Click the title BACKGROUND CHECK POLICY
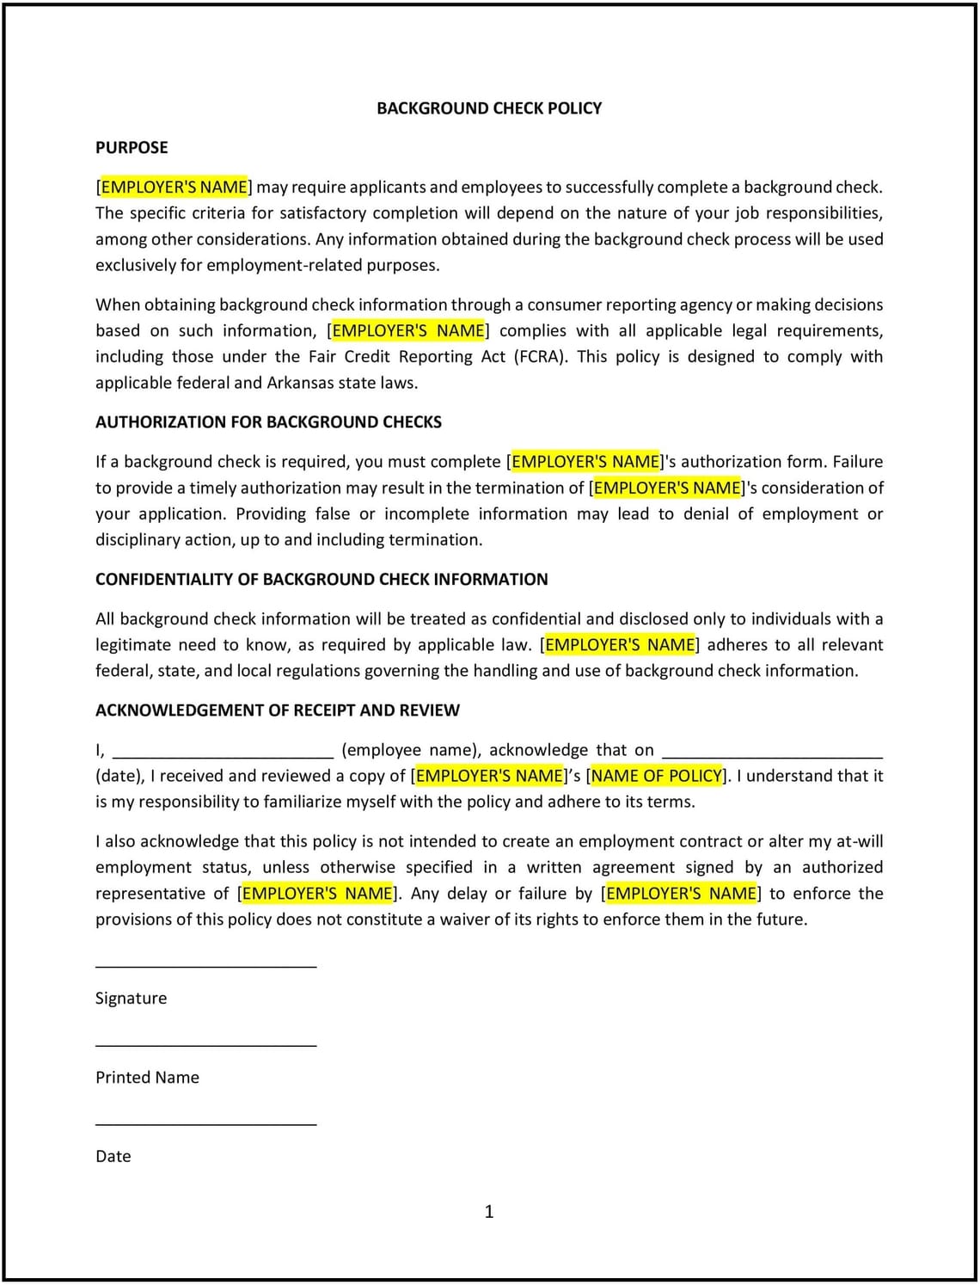(489, 108)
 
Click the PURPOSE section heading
(132, 148)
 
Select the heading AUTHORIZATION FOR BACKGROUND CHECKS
(268, 422)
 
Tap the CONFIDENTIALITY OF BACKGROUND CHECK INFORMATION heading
(322, 580)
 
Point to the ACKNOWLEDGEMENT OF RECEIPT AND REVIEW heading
(278, 710)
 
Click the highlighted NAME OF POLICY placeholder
(658, 776)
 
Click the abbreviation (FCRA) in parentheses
(541, 357)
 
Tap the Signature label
(132, 999)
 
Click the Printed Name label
(147, 1078)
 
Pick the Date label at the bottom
(113, 1157)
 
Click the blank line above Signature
(206, 966)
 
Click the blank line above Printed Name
(206, 1045)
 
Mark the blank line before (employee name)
(223, 756)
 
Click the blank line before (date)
(773, 756)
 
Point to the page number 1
(489, 1212)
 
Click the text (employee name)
(411, 750)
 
